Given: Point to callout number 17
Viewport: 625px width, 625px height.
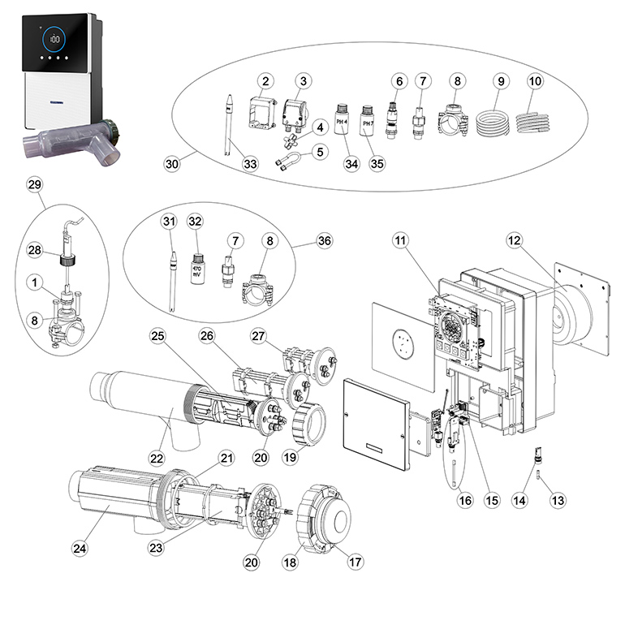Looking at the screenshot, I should tap(355, 561).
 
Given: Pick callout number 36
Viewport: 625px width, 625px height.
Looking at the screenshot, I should tap(303, 240).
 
